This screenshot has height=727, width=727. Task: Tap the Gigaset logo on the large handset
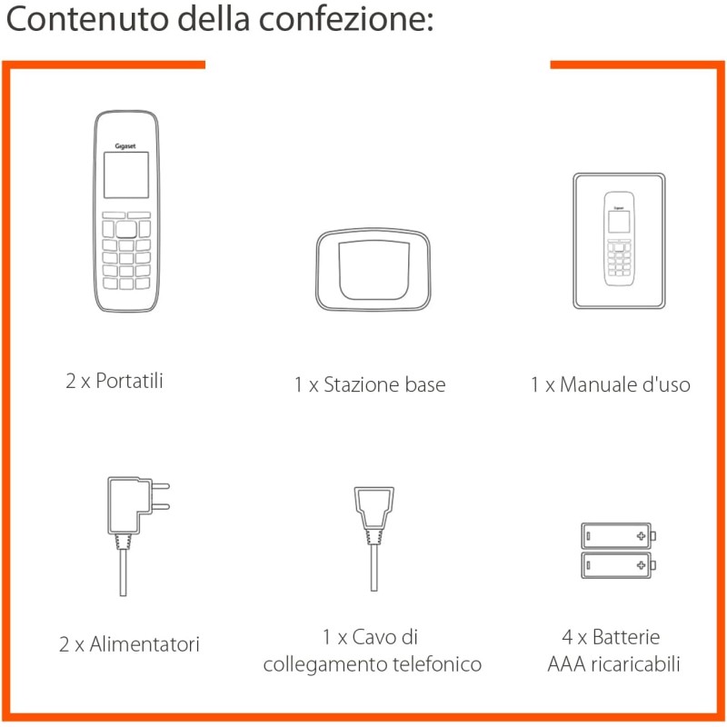pos(126,143)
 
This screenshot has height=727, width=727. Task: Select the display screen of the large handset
pos(126,175)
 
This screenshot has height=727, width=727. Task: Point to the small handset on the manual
pos(620,238)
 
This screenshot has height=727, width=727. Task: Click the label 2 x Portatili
pos(115,380)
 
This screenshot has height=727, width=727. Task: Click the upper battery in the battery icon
pos(617,536)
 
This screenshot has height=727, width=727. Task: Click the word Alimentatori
pos(144,644)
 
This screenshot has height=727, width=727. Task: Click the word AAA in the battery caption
pos(565,664)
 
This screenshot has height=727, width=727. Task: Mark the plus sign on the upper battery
pos(642,536)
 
